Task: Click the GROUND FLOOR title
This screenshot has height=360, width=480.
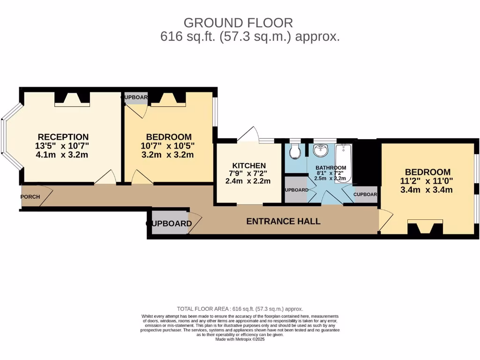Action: point(238,22)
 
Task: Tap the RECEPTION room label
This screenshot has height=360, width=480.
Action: point(63,137)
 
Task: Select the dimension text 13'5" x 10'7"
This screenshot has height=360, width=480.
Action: point(62,146)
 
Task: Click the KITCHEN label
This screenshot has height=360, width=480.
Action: point(249,165)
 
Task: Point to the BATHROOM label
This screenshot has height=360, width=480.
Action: point(330,168)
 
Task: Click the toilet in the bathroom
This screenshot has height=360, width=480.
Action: point(295,151)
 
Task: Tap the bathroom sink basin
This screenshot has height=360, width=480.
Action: point(321,151)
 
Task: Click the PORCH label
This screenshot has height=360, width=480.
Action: point(30,197)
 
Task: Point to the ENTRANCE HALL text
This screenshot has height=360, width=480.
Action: point(283,221)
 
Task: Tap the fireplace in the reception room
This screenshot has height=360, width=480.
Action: point(72,98)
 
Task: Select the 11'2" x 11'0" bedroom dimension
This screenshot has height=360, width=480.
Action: point(427,181)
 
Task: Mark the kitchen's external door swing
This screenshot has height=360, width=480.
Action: point(248,134)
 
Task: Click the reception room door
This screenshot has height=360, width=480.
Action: point(105,178)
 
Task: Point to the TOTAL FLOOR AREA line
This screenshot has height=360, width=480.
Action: point(240,309)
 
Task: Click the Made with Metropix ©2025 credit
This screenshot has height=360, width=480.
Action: point(240,339)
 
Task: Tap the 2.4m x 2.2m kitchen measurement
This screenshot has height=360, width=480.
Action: point(249,181)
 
